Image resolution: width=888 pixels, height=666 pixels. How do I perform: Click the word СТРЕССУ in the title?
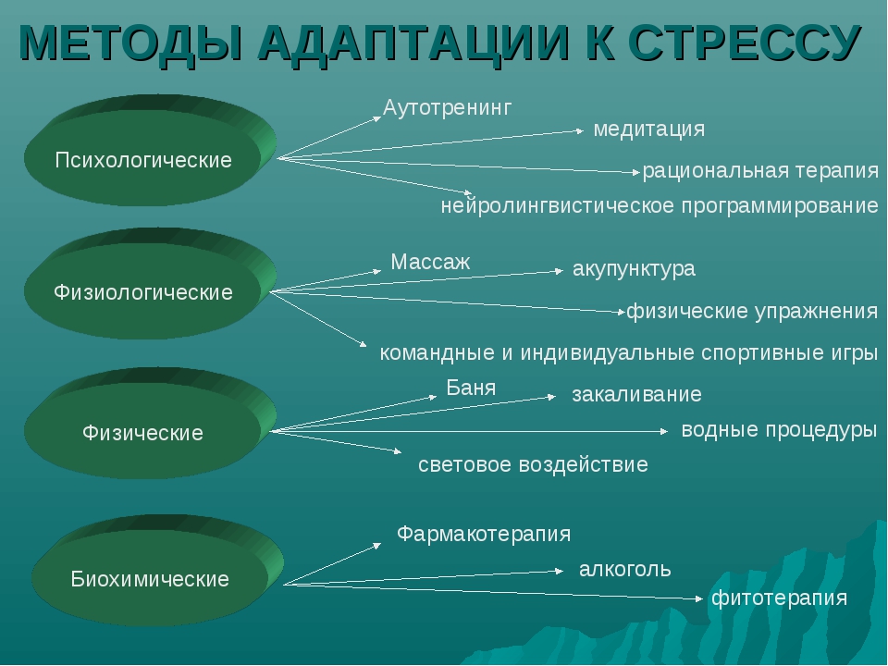(x=745, y=43)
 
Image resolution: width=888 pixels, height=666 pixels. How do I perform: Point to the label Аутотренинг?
(x=448, y=107)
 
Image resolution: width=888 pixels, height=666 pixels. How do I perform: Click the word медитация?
(x=649, y=129)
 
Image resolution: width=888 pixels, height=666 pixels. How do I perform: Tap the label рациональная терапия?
(x=760, y=171)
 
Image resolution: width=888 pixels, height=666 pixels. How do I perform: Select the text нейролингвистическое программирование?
(x=660, y=205)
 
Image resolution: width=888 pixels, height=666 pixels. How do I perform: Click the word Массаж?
(x=430, y=262)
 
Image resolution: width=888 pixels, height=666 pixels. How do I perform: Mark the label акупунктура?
(x=634, y=269)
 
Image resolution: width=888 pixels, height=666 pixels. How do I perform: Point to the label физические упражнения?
(x=752, y=311)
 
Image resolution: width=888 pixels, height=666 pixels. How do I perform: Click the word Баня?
(x=471, y=388)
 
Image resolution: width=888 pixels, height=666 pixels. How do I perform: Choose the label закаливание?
(x=636, y=394)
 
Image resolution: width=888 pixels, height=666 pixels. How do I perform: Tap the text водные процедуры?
(x=779, y=430)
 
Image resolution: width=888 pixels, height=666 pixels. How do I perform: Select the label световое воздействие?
(x=533, y=465)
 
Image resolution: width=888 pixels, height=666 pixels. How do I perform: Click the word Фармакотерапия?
(x=484, y=534)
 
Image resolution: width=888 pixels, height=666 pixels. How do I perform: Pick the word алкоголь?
(x=624, y=569)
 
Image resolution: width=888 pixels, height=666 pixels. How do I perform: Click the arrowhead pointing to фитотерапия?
(x=699, y=598)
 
